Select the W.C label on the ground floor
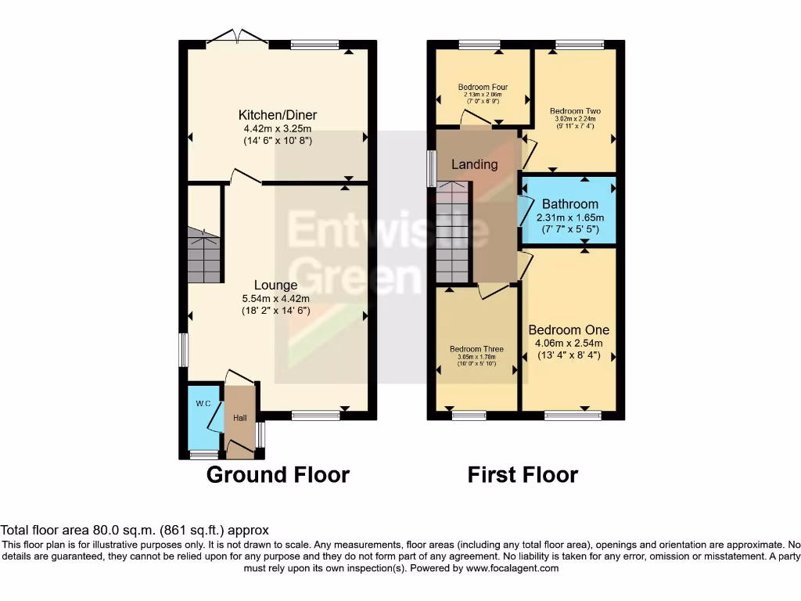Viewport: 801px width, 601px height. (x=203, y=404)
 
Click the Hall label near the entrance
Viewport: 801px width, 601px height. (x=239, y=419)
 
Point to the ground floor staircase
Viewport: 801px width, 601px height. (x=204, y=257)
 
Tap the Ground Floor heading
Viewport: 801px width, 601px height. (x=278, y=474)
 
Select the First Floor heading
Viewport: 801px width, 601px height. (x=523, y=474)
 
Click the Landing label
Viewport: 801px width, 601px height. (x=475, y=164)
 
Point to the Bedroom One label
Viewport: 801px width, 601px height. (x=569, y=329)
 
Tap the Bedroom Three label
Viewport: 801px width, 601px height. (x=476, y=349)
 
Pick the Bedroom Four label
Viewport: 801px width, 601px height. (x=483, y=87)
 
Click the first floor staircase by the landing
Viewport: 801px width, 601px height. (x=452, y=232)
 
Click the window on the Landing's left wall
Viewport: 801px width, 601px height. (x=431, y=168)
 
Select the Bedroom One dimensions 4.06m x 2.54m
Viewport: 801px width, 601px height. (x=569, y=343)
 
